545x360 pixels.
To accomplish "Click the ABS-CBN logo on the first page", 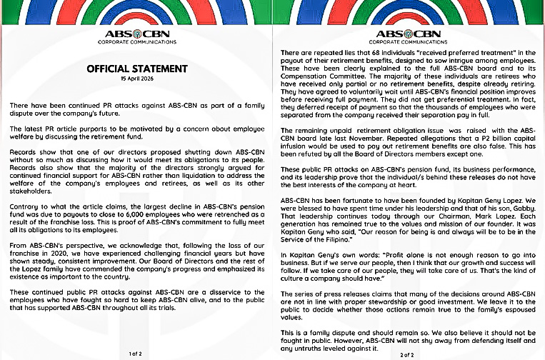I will point(135,34).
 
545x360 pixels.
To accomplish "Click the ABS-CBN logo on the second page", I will point(408,34).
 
